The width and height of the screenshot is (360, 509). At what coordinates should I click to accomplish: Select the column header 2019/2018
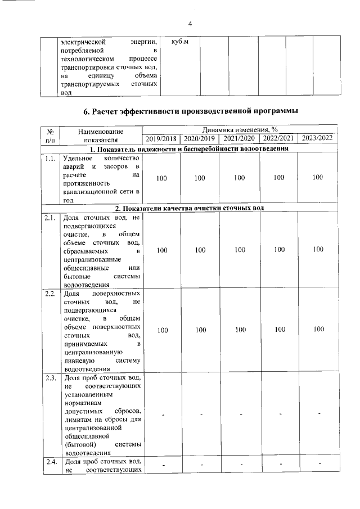click(x=161, y=139)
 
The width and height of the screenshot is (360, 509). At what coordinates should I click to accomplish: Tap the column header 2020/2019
click(x=200, y=139)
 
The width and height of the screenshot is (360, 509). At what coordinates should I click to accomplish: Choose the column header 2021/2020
click(x=239, y=139)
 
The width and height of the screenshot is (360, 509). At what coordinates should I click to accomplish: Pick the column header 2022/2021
click(x=278, y=139)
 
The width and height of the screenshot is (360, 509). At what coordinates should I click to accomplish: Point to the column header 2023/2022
click(x=318, y=139)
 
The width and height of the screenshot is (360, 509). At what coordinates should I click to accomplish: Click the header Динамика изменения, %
click(x=240, y=130)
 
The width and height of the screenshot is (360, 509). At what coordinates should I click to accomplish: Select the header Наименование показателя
click(x=101, y=135)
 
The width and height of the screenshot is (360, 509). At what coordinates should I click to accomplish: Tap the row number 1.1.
click(x=51, y=159)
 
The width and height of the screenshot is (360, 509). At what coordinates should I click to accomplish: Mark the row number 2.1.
click(x=51, y=217)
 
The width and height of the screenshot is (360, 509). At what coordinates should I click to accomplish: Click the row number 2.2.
click(x=51, y=294)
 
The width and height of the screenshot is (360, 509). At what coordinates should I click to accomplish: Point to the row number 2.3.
click(x=51, y=378)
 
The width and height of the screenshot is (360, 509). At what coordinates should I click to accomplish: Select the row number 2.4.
click(x=51, y=462)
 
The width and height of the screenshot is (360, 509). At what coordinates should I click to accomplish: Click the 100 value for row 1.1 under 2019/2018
click(x=162, y=178)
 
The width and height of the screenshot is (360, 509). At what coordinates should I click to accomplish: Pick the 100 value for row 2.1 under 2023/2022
click(x=319, y=249)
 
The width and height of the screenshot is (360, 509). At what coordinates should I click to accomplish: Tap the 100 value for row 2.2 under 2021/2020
click(x=240, y=330)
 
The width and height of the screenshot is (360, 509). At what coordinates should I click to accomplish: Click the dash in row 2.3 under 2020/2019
click(x=200, y=415)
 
